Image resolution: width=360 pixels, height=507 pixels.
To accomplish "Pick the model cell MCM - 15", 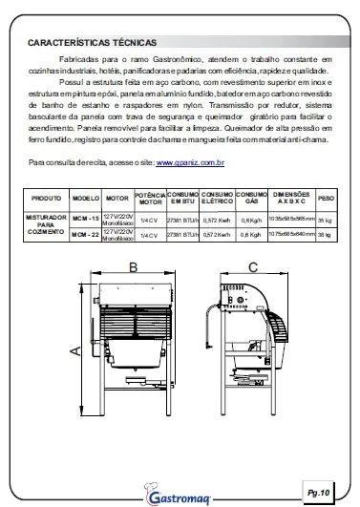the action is [87, 216].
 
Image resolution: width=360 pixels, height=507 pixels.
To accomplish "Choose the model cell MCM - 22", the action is [87, 232].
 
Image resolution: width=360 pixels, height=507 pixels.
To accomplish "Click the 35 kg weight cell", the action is [325, 216].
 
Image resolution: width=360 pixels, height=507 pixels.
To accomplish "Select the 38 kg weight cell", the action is [325, 232].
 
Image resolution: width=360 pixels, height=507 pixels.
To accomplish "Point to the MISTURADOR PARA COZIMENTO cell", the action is [46, 224].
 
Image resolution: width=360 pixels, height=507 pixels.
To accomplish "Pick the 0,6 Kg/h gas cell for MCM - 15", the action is [251, 216].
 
